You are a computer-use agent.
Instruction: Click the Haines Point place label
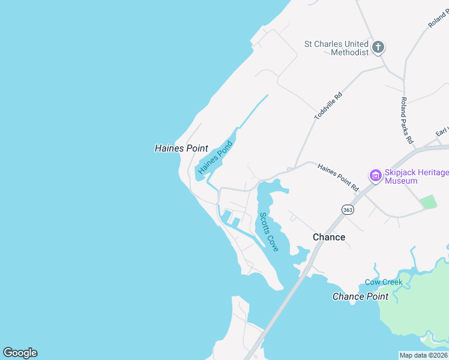(181, 148)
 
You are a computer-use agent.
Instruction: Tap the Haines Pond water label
(215, 158)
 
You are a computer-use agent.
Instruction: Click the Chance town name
(329, 237)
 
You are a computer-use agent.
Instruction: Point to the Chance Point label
(360, 296)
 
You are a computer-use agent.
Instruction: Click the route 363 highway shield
(348, 209)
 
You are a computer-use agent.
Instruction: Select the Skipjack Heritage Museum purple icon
(376, 176)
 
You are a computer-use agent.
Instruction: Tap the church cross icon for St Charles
(378, 47)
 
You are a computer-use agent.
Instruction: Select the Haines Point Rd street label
(337, 178)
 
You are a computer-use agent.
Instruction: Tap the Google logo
(20, 353)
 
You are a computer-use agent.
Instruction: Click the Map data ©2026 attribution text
(423, 355)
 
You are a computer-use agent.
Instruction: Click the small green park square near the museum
(429, 202)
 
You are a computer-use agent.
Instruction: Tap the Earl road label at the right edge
(442, 131)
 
